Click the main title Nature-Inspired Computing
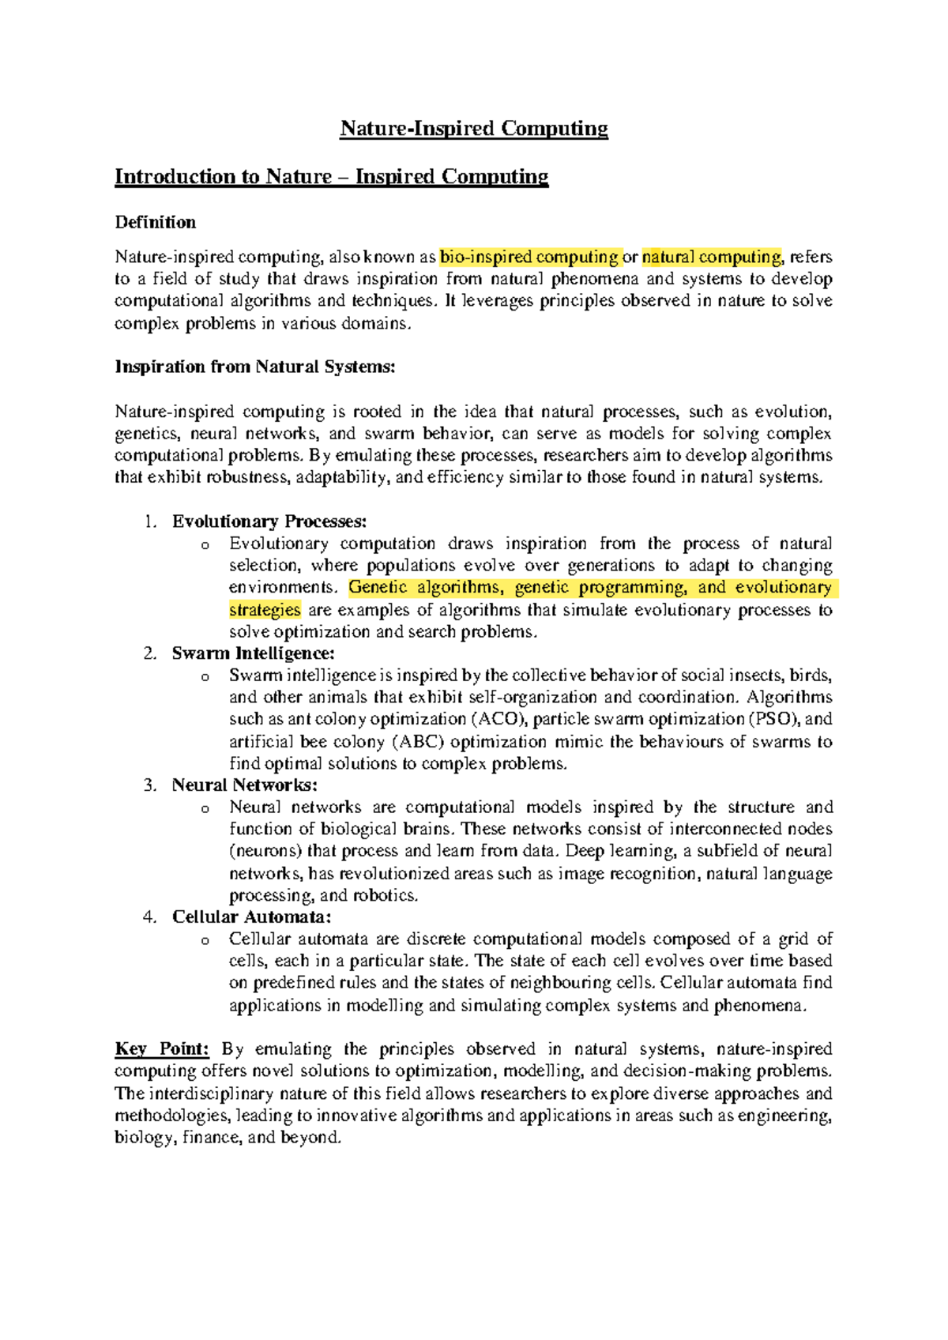pos(474,129)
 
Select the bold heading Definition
pos(156,222)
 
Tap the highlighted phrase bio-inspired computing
pos(529,257)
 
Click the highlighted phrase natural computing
pos(711,257)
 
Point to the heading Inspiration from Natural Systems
pos(254,367)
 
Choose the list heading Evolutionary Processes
pos(269,521)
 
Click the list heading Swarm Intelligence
pos(253,653)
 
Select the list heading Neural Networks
pos(244,785)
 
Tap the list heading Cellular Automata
pos(251,917)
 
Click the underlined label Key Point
pos(162,1049)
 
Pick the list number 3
pos(149,785)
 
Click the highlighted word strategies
pos(265,610)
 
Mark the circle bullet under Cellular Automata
pos(205,940)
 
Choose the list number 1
pos(149,521)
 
